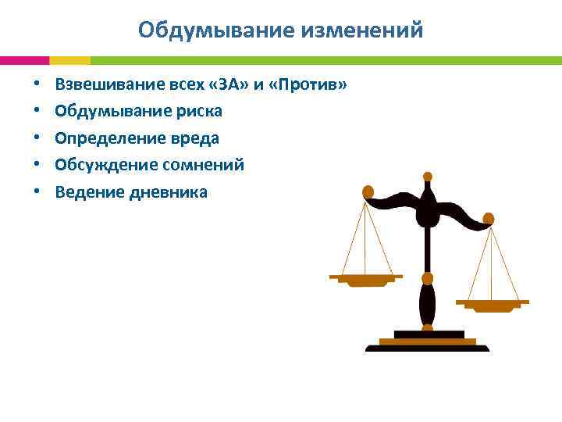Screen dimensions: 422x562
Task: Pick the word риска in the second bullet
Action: (197, 112)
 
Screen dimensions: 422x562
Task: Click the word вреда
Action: (194, 138)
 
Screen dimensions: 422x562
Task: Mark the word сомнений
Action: (201, 165)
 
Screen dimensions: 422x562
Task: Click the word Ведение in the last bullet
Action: (84, 192)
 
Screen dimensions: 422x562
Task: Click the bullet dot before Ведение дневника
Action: (36, 192)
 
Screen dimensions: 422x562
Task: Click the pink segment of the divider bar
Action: (24, 60)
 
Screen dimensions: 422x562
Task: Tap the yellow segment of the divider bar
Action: (69, 60)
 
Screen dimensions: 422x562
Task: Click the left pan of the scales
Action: (365, 279)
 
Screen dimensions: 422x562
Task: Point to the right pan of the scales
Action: (492, 303)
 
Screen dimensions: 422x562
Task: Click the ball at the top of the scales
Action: (427, 177)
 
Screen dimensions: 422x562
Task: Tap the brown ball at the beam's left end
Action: (368, 191)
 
